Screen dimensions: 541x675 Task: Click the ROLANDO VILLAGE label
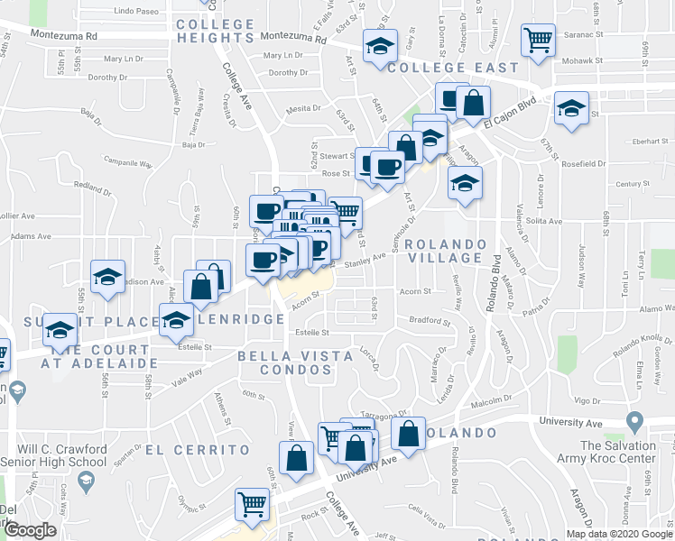click(x=446, y=252)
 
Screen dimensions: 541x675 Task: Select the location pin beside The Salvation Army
click(x=634, y=421)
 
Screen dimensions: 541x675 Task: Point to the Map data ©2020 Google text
click(x=620, y=534)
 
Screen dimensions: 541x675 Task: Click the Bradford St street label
click(x=429, y=320)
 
